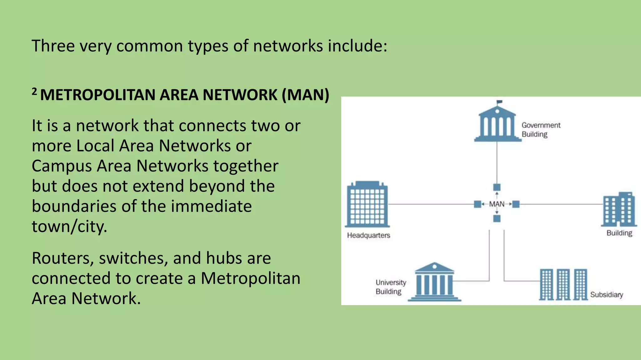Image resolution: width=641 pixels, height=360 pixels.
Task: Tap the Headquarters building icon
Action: [367, 205]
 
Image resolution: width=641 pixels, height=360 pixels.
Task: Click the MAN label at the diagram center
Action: [497, 204]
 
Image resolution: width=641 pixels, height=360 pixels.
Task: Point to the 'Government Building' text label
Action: [541, 130]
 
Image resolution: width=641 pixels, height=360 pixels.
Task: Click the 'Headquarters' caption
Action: [368, 235]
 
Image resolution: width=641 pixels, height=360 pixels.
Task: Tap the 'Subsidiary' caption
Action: [606, 295]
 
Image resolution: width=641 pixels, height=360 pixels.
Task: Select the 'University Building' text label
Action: [391, 287]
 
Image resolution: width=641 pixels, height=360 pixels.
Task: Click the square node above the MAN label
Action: [497, 187]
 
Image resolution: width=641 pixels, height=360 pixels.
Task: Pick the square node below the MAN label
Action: [497, 218]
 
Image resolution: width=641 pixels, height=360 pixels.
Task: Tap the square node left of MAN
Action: [477, 204]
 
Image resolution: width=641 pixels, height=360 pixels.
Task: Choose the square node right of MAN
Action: [516, 204]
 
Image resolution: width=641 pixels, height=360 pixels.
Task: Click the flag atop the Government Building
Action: [499, 102]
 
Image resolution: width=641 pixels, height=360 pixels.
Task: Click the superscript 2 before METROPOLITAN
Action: [34, 92]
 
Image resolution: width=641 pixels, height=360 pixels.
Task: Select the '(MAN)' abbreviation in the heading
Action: [305, 95]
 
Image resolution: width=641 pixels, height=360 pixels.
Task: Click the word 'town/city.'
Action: [69, 226]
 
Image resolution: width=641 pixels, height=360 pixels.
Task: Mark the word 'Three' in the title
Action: [53, 46]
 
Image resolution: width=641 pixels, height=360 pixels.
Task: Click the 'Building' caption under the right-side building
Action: [619, 233]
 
